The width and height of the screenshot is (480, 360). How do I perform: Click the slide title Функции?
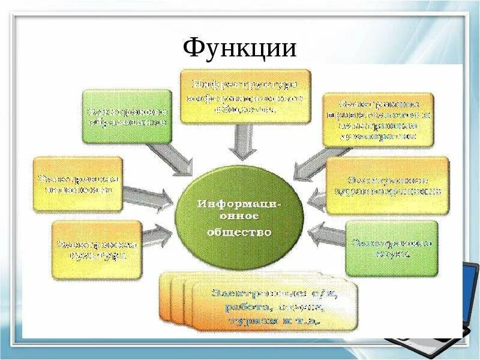pos(239,47)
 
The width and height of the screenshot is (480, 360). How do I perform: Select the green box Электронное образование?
pos(127,116)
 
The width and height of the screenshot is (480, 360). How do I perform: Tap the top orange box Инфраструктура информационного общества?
pos(245,96)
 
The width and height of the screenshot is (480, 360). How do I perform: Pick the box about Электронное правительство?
pos(378,119)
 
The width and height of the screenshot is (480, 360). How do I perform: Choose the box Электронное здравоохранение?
pos(387,185)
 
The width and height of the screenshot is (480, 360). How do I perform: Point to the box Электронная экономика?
pos(78,184)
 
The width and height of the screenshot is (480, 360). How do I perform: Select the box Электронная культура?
pos(97,249)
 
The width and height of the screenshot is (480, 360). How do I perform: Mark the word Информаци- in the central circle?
pos(241,203)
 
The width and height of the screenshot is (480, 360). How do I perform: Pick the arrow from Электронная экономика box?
pos(148,197)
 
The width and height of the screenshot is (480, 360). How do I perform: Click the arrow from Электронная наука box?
pos(327,236)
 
